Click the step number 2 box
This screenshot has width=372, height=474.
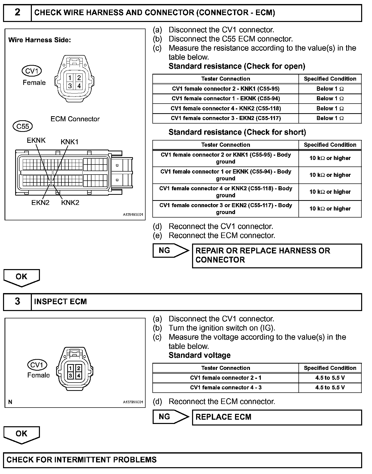point(17,13)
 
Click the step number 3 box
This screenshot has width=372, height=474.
point(17,301)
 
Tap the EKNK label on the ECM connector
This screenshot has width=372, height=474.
point(36,140)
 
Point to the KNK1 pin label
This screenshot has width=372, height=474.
point(69,142)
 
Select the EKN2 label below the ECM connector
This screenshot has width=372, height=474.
point(40,203)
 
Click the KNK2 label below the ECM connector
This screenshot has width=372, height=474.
point(70,203)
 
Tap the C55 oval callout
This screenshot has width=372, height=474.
point(23,126)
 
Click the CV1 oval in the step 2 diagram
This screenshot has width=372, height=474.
point(32,71)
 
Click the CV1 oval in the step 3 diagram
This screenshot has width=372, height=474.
point(37,365)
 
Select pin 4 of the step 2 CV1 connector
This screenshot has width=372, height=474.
point(79,86)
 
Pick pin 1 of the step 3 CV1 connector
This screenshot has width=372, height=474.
point(71,368)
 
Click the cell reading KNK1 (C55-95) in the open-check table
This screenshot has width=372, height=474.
point(225,89)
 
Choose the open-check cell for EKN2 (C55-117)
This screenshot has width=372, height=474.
point(225,118)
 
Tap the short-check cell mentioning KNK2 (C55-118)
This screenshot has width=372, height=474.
point(225,192)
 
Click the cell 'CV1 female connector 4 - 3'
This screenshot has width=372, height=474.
point(225,388)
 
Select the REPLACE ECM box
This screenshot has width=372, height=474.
point(277,417)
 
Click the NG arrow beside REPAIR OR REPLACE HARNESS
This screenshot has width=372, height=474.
point(171,251)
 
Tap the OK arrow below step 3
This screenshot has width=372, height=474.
point(21,435)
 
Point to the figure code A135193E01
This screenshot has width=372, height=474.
point(133,215)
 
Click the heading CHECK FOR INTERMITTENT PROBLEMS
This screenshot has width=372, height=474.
point(81,460)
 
